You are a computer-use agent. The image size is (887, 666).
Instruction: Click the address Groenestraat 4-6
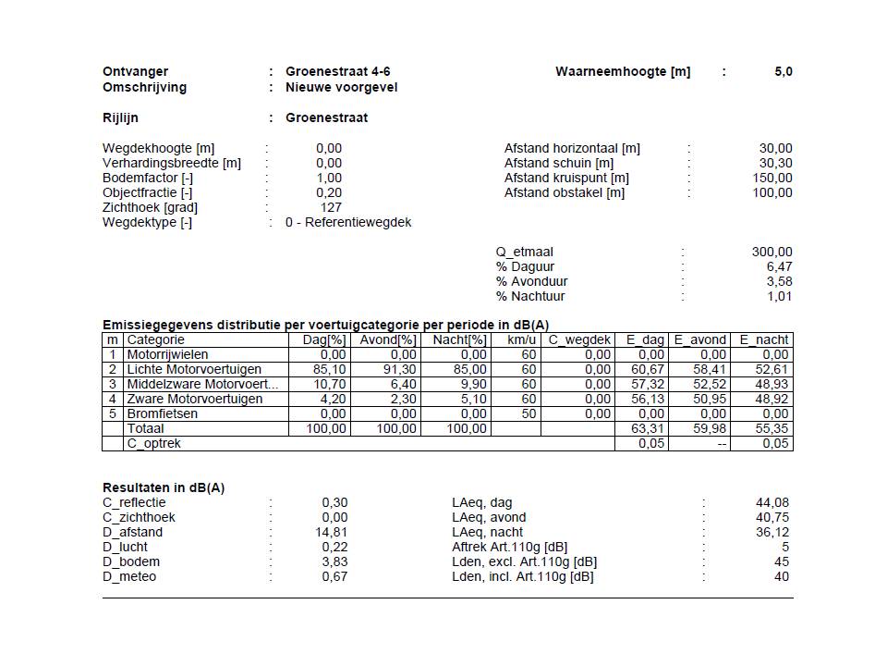tap(331, 71)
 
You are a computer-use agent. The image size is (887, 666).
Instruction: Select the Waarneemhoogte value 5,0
tap(783, 71)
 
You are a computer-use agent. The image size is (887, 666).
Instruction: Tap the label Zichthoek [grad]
tap(150, 207)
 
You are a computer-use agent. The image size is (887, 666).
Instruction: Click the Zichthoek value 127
tap(331, 207)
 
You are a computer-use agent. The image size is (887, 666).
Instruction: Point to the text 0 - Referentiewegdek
tap(348, 222)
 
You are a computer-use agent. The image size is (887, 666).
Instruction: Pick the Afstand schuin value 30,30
tap(775, 163)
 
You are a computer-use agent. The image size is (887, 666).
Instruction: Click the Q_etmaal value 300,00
tap(772, 252)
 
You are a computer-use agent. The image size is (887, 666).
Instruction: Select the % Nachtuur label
tap(530, 296)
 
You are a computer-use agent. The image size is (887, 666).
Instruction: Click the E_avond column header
tap(700, 339)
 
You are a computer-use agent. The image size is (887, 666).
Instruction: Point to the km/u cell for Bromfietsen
tap(529, 413)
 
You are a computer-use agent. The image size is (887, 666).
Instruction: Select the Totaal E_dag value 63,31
tap(650, 428)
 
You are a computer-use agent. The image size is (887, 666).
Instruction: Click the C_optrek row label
tap(153, 443)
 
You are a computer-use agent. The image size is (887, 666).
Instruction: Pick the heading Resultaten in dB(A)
tap(163, 487)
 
